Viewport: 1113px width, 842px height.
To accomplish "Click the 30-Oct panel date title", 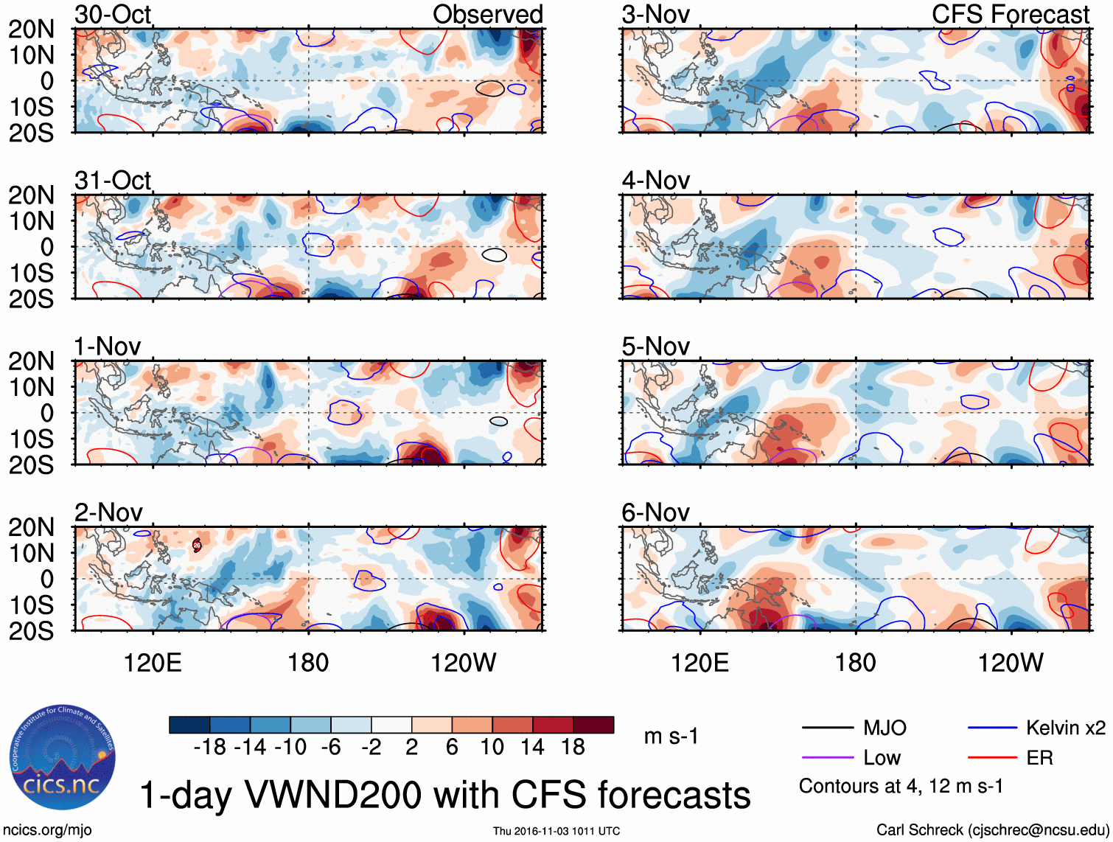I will pos(113,14).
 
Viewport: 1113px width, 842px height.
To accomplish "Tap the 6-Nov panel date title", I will pos(655,512).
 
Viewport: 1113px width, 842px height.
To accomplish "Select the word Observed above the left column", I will pos(487,14).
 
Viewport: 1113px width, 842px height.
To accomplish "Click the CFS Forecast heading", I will pos(1010,14).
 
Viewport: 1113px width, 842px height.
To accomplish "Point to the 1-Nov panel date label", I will pos(107,346).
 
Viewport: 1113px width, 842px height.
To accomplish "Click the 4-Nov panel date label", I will pos(655,180).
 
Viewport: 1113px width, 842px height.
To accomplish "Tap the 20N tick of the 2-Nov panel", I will pos(32,527).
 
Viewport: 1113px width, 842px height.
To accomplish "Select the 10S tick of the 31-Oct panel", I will pos(32,273).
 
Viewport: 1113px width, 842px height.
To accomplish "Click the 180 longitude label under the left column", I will pos(308,663).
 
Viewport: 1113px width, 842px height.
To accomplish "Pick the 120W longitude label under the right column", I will pos(1011,663).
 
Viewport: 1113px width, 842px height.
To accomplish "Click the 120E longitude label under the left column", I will pos(153,663).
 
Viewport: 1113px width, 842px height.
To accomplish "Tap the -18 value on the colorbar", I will pos(209,747).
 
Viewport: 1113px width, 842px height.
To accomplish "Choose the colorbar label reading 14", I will pos(532,747).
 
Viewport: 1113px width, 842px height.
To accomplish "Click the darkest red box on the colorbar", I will pos(593,725).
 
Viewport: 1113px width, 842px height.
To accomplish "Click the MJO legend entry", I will pos(885,728).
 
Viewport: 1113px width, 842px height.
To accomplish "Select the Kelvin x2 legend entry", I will pos(1065,728).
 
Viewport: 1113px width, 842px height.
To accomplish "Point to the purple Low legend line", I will pos(828,757).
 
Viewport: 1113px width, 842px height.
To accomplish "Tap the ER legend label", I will pos(1039,757).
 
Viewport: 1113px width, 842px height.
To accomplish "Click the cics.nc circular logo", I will pos(63,759).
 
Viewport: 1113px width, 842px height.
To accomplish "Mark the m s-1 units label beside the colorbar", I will pos(671,736).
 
